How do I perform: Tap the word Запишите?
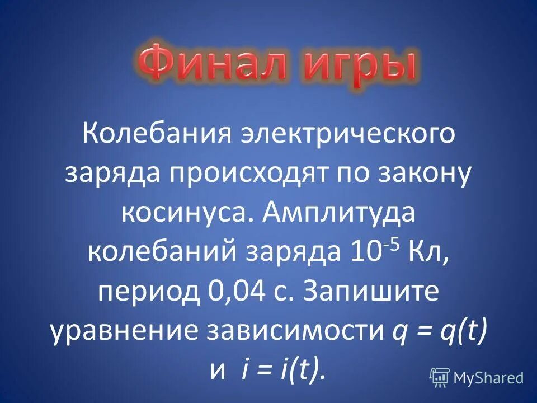point(371,292)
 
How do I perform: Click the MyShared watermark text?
point(489,378)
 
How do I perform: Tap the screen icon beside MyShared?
point(440,378)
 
